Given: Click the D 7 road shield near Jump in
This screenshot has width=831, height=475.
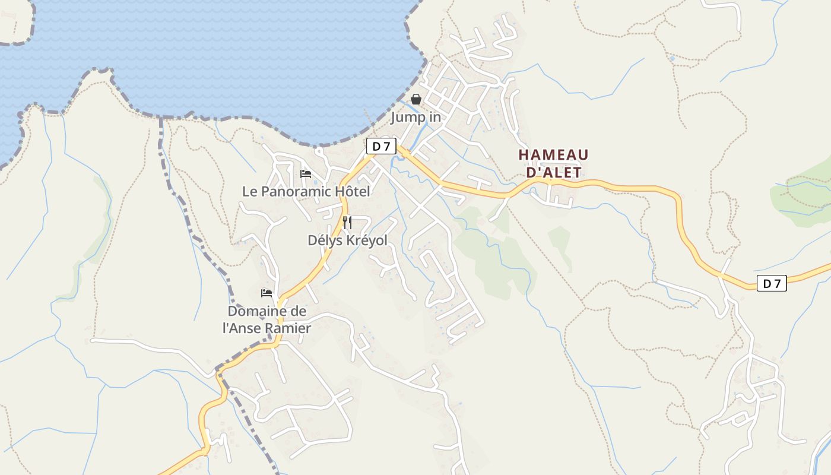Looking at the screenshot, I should pos(381,146).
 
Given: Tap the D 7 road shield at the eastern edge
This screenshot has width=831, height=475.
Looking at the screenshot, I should pos(772,283).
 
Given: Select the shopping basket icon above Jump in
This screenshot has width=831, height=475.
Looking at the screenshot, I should pos(416,99).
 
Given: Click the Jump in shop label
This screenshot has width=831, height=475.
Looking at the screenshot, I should pos(415,117).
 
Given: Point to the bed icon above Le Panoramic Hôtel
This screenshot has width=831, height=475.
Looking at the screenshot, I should pos(306,173).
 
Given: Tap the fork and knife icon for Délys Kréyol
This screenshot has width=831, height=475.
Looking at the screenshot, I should pos(347,223).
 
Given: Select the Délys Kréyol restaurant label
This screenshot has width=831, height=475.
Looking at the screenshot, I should pos(347,240).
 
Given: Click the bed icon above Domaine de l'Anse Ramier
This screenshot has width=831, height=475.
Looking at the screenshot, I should pos(267,293).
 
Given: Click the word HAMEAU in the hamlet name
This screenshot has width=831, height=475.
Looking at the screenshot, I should pos(553,155).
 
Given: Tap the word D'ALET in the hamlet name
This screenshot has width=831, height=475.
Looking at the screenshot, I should pos(553,172).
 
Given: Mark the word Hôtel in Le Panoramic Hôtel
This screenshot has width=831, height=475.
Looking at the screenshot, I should pos(353,191).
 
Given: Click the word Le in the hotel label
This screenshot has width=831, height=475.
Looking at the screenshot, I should pos(249,191).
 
